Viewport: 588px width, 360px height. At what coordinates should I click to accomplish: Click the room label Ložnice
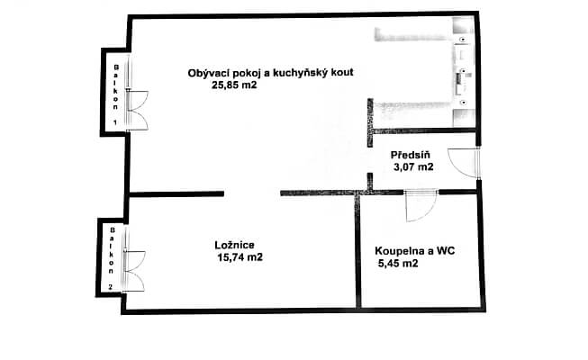click(x=235, y=245)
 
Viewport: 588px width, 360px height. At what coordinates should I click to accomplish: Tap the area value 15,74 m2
click(x=240, y=257)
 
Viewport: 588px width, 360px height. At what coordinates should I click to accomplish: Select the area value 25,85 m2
click(x=234, y=85)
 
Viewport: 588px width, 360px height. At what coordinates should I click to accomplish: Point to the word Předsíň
click(x=411, y=155)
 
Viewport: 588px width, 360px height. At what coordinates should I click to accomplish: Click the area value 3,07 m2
click(x=413, y=166)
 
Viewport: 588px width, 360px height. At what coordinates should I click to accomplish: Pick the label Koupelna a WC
click(x=415, y=250)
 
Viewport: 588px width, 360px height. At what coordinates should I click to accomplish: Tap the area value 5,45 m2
click(x=398, y=263)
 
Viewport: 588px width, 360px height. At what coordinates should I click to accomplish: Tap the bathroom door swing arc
click(x=429, y=213)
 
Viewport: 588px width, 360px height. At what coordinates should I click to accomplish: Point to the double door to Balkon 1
click(x=138, y=110)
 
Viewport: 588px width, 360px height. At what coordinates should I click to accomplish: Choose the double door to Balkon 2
click(x=134, y=270)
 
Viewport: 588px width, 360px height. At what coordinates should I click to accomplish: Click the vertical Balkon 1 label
click(x=116, y=94)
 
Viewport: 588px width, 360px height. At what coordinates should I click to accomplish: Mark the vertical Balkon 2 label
click(x=112, y=258)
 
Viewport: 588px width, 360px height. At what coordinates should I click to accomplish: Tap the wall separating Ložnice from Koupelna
click(x=357, y=252)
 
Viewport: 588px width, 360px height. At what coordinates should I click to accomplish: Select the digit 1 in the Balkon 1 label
click(x=115, y=122)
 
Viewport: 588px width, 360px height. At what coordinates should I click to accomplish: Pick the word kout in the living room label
click(x=341, y=72)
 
